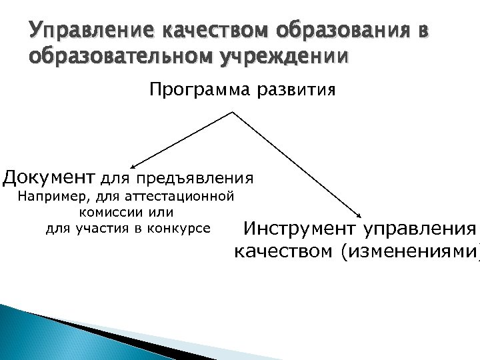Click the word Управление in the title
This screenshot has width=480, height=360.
75,31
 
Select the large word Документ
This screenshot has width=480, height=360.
49,177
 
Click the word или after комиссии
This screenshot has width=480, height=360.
159,212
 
